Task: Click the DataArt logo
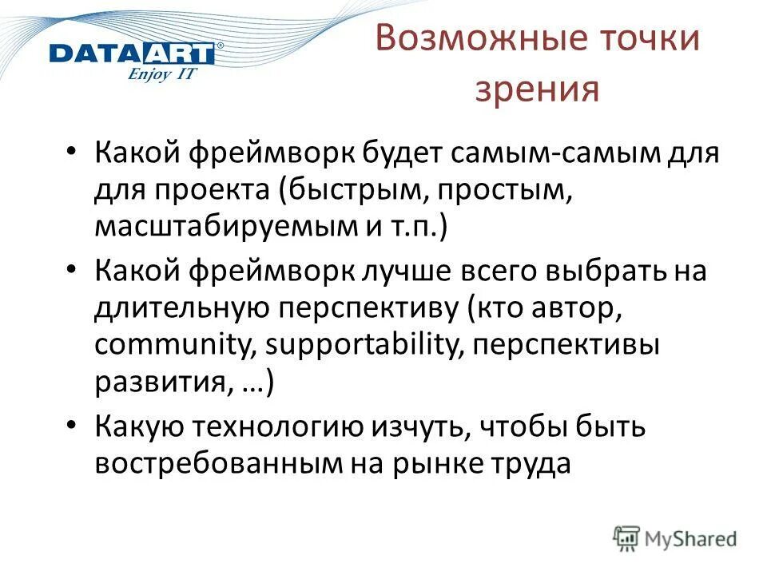pyautogui.click(x=132, y=54)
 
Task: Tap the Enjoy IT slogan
pyautogui.click(x=163, y=75)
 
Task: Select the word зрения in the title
pyautogui.click(x=536, y=90)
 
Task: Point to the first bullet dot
pyautogui.click(x=72, y=150)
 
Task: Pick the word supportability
pyautogui.click(x=367, y=346)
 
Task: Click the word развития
pyautogui.click(x=157, y=384)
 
